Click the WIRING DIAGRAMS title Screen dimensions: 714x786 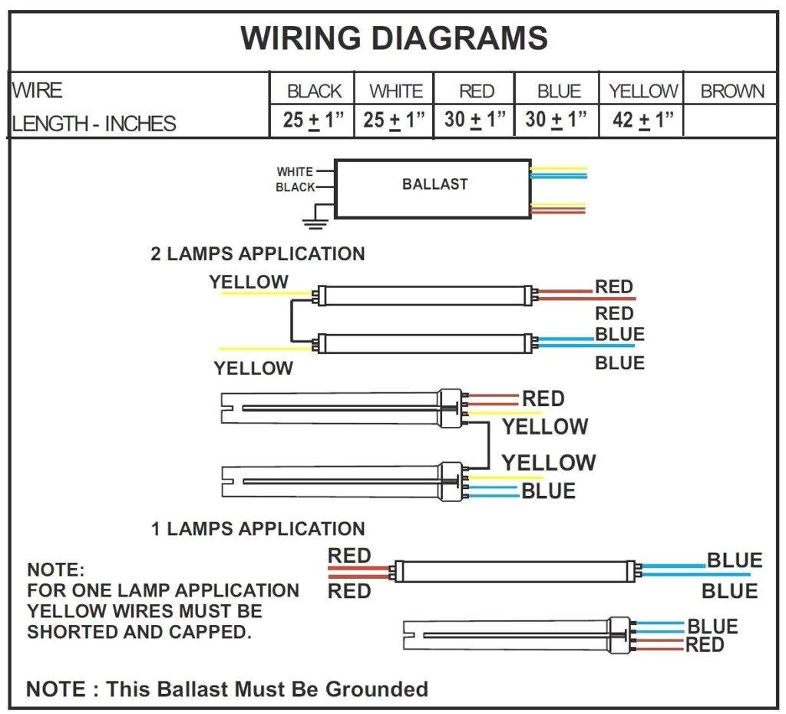pyautogui.click(x=394, y=38)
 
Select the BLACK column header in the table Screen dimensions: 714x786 pyautogui.click(x=314, y=91)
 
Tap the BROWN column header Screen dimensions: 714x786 pyautogui.click(x=732, y=91)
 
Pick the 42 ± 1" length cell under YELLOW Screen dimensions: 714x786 pyautogui.click(x=642, y=121)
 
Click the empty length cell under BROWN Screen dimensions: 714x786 pyautogui.click(x=730, y=121)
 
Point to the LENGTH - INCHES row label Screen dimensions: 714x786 pyautogui.click(x=94, y=124)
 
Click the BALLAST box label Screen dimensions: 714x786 pyautogui.click(x=434, y=184)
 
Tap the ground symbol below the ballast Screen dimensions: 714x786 pyautogui.click(x=315, y=223)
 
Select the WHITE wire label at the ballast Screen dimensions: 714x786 pyautogui.click(x=295, y=172)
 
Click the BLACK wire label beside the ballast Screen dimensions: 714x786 pyautogui.click(x=295, y=187)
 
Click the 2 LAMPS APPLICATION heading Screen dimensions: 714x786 pyautogui.click(x=258, y=254)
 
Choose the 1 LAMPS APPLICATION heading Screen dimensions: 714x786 pyautogui.click(x=258, y=529)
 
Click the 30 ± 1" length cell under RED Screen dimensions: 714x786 pyautogui.click(x=475, y=121)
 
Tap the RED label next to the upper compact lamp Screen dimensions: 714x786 pyautogui.click(x=543, y=399)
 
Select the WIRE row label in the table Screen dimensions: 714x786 pyautogui.click(x=37, y=91)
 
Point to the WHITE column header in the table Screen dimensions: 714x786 pyautogui.click(x=395, y=91)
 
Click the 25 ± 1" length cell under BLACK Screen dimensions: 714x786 pyautogui.click(x=314, y=121)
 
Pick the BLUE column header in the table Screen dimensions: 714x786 pyautogui.click(x=558, y=91)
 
